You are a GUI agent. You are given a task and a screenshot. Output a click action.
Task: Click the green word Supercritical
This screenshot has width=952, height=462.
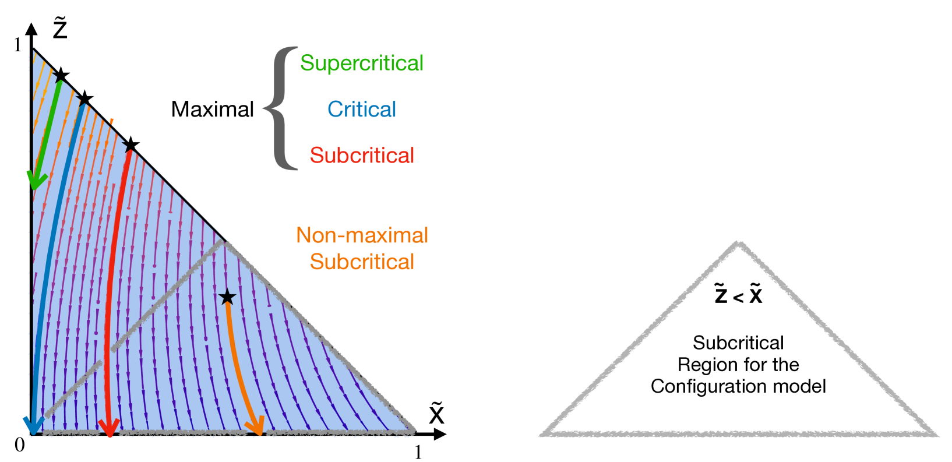361,63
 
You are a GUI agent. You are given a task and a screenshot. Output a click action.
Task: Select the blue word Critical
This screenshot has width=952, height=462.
361,109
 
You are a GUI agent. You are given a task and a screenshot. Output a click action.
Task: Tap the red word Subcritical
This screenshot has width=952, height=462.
361,155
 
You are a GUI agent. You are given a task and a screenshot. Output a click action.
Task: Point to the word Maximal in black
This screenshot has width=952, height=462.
212,109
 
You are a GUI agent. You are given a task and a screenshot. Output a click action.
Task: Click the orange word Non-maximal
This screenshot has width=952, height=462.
362,235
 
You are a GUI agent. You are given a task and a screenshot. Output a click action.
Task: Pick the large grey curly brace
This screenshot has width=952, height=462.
281,108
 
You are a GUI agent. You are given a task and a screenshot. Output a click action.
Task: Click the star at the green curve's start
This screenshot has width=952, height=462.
61,75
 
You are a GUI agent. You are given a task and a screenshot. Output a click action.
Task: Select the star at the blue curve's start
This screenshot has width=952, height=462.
85,98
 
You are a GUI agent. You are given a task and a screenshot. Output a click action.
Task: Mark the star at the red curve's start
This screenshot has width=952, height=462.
131,144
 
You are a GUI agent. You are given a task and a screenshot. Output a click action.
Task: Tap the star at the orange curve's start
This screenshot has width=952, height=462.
227,297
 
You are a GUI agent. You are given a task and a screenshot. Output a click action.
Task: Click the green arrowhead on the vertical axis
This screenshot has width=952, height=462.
37,180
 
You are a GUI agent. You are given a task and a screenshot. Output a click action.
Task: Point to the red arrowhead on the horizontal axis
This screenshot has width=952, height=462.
109,427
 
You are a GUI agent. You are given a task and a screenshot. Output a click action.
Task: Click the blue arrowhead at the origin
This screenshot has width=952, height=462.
32,426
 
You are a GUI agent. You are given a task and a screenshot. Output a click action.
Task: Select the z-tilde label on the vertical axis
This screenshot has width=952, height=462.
60,29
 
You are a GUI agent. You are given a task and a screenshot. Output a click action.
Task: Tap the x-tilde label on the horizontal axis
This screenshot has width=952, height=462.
436,413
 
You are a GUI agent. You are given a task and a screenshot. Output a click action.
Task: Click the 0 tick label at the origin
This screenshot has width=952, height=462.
20,445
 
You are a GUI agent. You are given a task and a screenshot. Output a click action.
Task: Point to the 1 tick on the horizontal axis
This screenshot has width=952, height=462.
418,452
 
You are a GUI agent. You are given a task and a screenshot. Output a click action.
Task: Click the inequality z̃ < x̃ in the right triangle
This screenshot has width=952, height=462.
738,294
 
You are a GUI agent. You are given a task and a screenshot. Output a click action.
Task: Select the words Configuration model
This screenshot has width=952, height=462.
738,386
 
